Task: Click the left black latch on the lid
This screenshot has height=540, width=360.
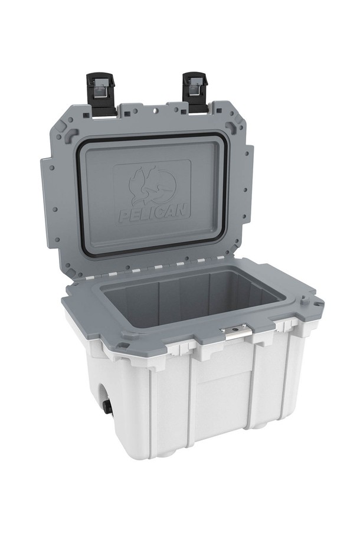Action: coord(101,93)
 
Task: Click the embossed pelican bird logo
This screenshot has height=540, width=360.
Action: coord(152,184)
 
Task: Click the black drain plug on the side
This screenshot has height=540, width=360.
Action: coord(107,407)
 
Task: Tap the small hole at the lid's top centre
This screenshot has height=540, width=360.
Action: coord(155,110)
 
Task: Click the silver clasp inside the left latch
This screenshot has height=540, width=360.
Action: coord(102,90)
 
